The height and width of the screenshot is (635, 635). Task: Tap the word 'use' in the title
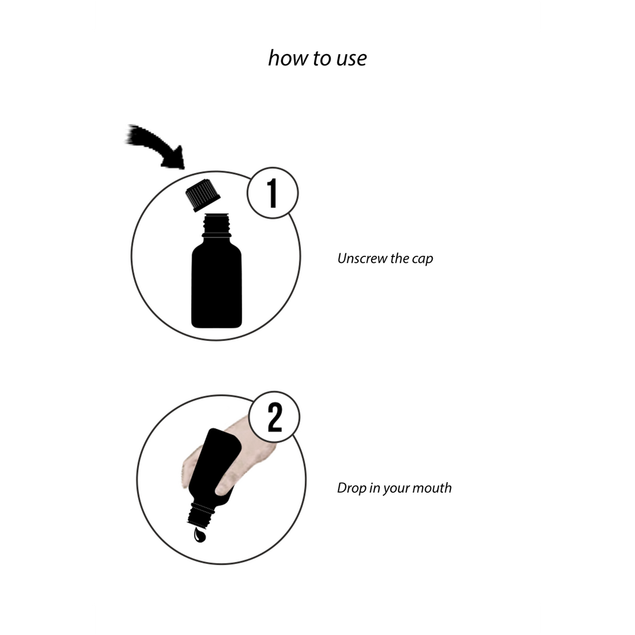pyautogui.click(x=352, y=59)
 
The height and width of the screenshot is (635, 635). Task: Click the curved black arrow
pyautogui.click(x=155, y=146)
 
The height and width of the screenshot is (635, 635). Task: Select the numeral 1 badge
pyautogui.click(x=273, y=193)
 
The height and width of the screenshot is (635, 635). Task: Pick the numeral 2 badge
pyautogui.click(x=274, y=417)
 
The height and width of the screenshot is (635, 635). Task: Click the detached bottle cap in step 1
pyautogui.click(x=203, y=195)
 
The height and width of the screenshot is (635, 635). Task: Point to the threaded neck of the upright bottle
pyautogui.click(x=216, y=225)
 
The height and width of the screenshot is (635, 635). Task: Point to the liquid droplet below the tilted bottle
pyautogui.click(x=200, y=535)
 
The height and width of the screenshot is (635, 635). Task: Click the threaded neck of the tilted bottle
pyautogui.click(x=200, y=515)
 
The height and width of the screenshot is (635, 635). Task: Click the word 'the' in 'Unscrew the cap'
pyautogui.click(x=399, y=258)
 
